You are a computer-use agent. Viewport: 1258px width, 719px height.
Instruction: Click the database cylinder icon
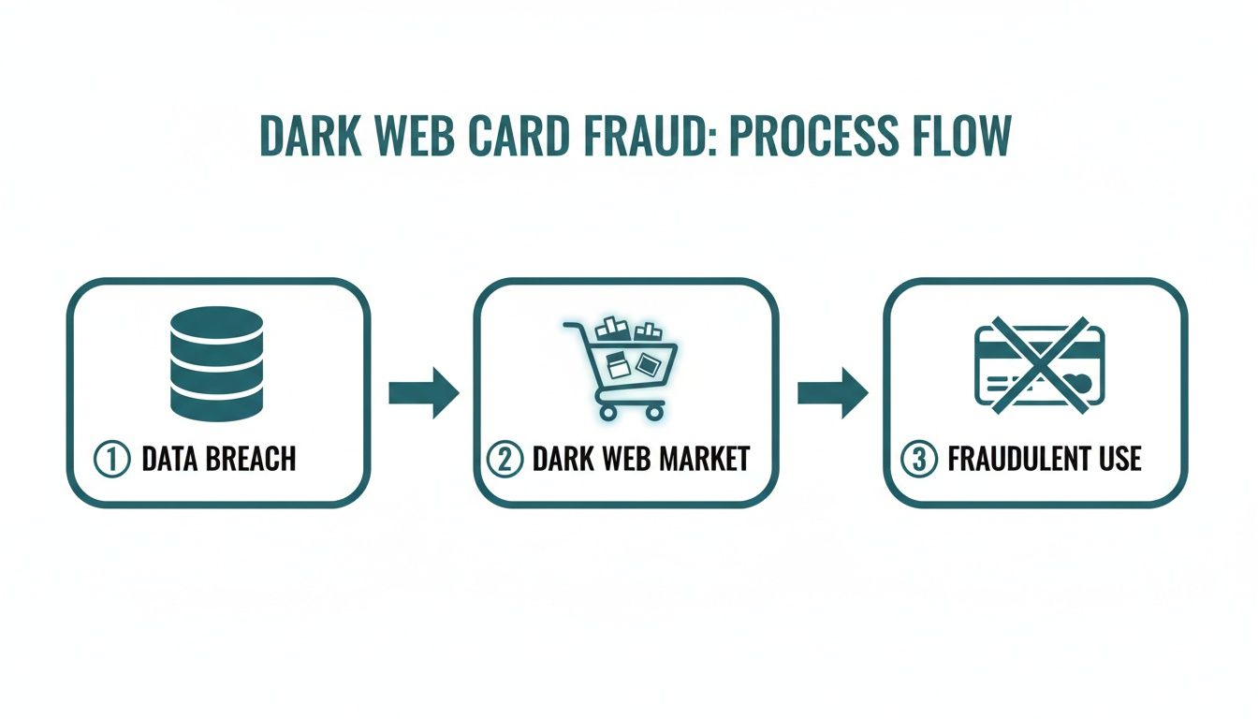217,363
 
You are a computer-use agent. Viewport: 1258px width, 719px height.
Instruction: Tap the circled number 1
110,460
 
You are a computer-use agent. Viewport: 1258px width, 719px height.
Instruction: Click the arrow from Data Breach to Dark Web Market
423,392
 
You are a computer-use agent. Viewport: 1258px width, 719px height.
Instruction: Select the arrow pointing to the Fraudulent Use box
832,392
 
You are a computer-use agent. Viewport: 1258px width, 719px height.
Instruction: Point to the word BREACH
251,460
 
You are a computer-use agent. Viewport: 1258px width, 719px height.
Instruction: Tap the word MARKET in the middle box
705,460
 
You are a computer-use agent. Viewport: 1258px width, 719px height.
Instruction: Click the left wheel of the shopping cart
607,412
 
